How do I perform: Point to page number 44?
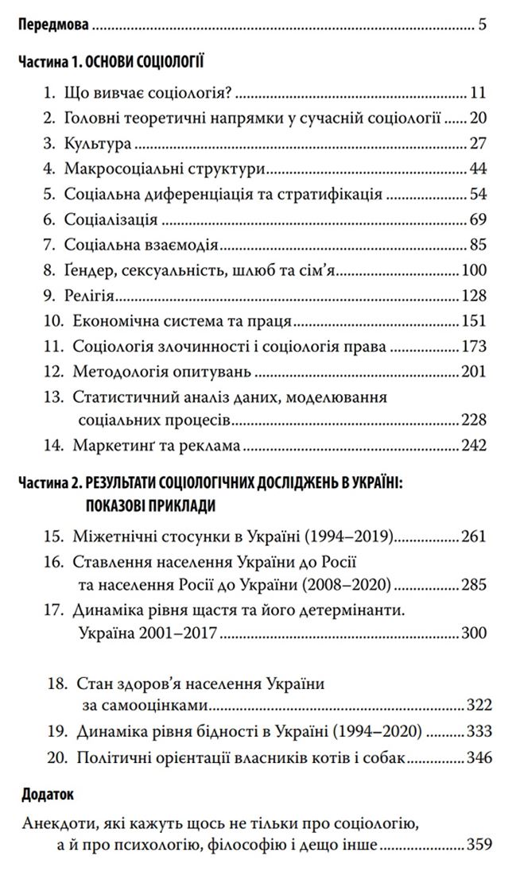477,169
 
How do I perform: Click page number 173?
474,347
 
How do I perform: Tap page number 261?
474,536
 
